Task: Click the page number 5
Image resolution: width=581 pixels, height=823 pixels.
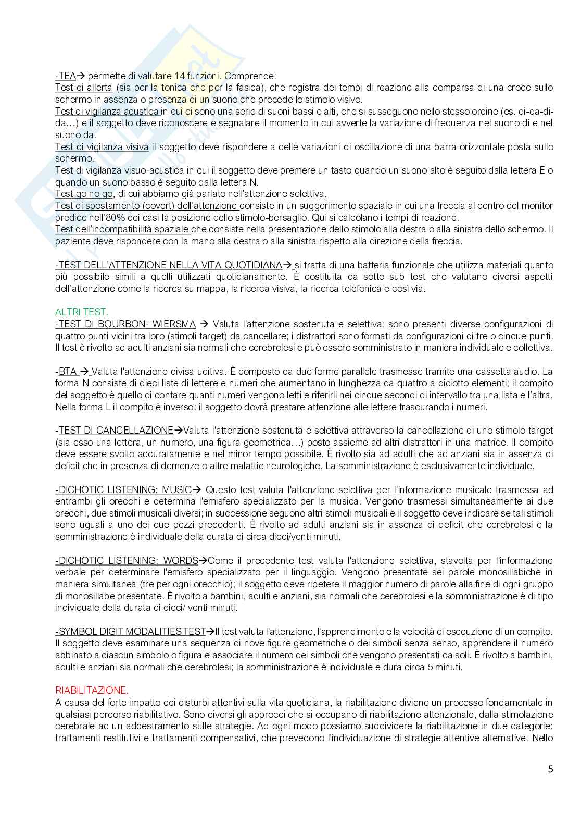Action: [550, 769]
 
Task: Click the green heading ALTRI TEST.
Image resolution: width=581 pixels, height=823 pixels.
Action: [82, 312]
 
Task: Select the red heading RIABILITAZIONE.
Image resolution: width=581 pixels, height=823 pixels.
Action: [92, 691]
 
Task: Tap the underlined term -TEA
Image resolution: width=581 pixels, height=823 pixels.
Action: [66, 76]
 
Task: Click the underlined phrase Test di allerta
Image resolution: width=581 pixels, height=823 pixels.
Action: [84, 88]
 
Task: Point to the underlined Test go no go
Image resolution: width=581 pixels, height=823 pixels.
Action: [84, 194]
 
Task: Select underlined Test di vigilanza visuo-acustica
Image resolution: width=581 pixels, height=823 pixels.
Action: [119, 170]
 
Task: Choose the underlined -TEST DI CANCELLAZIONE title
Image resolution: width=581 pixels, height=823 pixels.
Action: [116, 431]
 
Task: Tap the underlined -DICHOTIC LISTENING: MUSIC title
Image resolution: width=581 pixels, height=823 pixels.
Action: [123, 490]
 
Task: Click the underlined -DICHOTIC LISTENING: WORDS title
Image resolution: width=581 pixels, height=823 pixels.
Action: [127, 561]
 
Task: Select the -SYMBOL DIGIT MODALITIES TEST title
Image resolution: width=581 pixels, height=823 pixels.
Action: [130, 632]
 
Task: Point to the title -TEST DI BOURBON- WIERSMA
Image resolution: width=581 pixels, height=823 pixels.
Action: [125, 324]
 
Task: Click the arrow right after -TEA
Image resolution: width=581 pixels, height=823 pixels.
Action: [81, 76]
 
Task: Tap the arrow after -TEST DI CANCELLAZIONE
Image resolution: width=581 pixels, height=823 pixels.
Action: [179, 431]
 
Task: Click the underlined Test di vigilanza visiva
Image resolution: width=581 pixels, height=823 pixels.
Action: [102, 147]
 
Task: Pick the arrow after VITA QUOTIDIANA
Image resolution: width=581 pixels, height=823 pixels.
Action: [287, 265]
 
